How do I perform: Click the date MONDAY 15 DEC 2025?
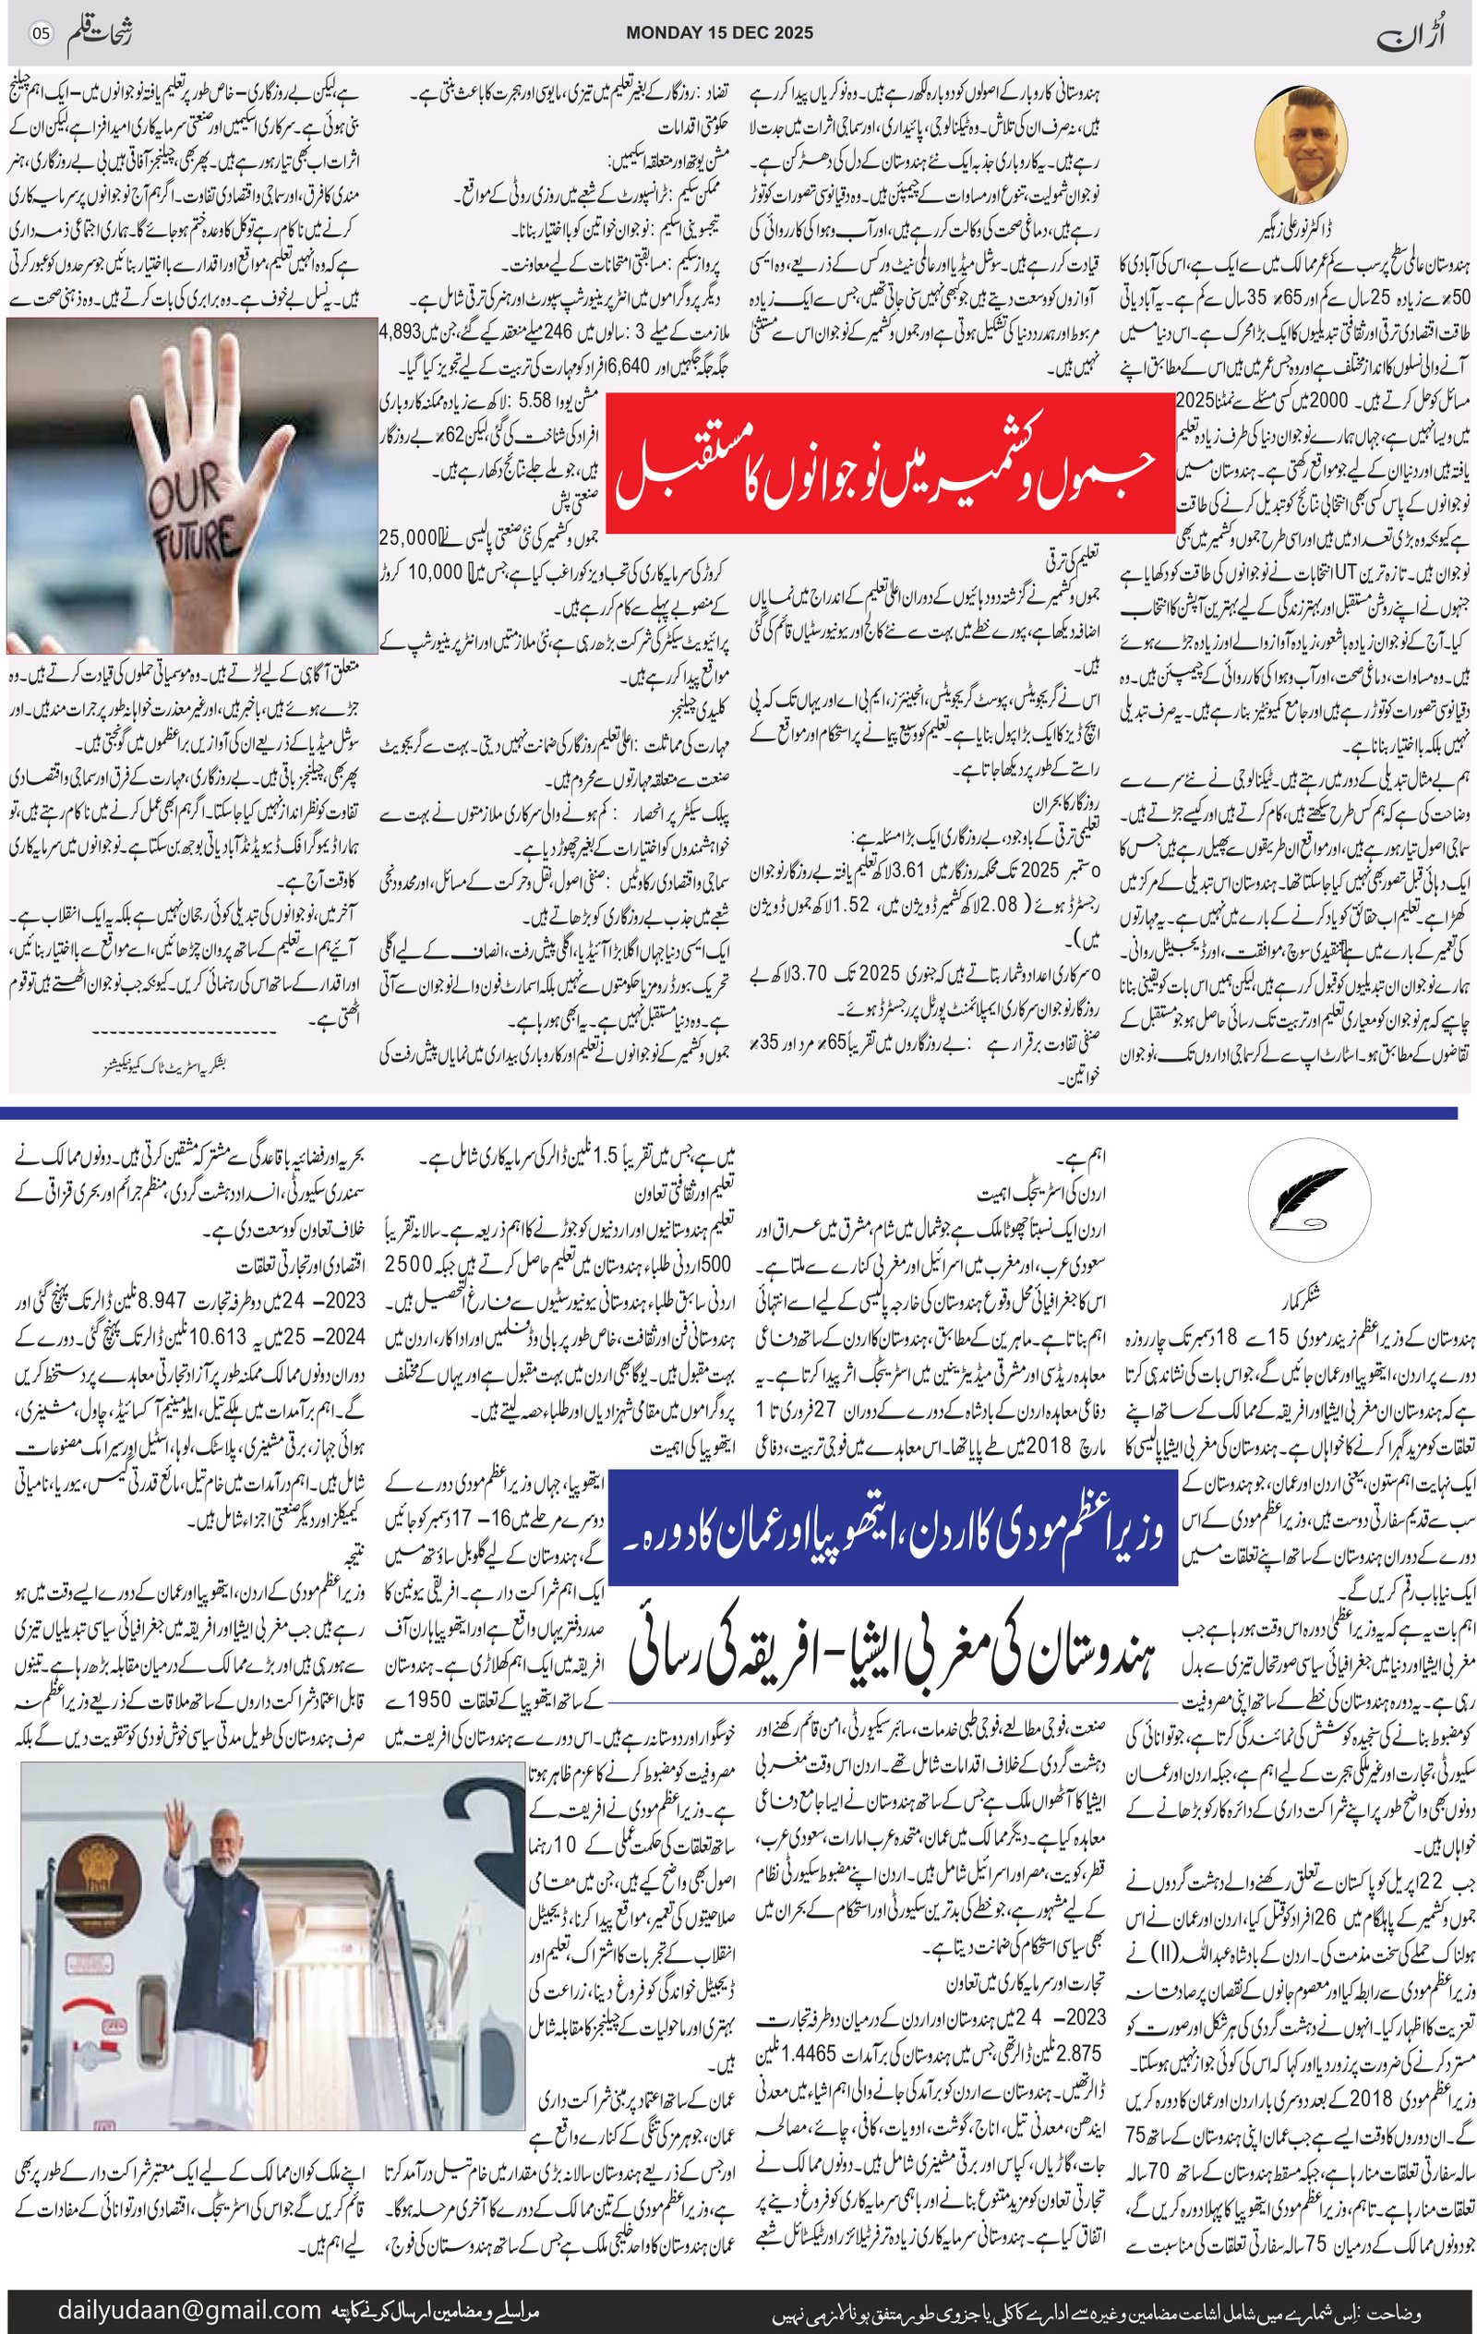(x=719, y=33)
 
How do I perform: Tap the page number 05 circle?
(x=41, y=34)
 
